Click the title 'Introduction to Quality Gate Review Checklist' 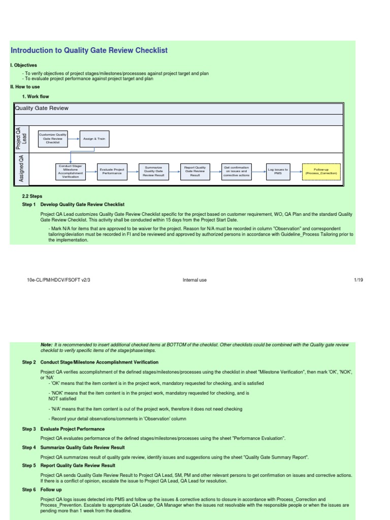pyautogui.click(x=89, y=50)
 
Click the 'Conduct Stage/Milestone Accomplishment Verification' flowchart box pyautogui.click(x=71, y=172)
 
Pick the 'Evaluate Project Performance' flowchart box pyautogui.click(x=112, y=172)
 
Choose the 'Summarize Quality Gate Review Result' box pyautogui.click(x=153, y=172)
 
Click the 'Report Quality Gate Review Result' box pyautogui.click(x=195, y=172)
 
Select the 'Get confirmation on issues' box pyautogui.click(x=236, y=172)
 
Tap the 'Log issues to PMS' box pyautogui.click(x=278, y=172)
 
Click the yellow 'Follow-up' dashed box pyautogui.click(x=321, y=172)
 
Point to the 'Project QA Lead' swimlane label pyautogui.click(x=21, y=138)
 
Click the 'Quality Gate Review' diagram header pyautogui.click(x=42, y=108)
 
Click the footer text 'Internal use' pyautogui.click(x=194, y=280)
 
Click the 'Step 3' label pyautogui.click(x=29, y=429)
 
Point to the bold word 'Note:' pyautogui.click(x=46, y=345)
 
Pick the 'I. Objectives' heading pyautogui.click(x=24, y=66)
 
